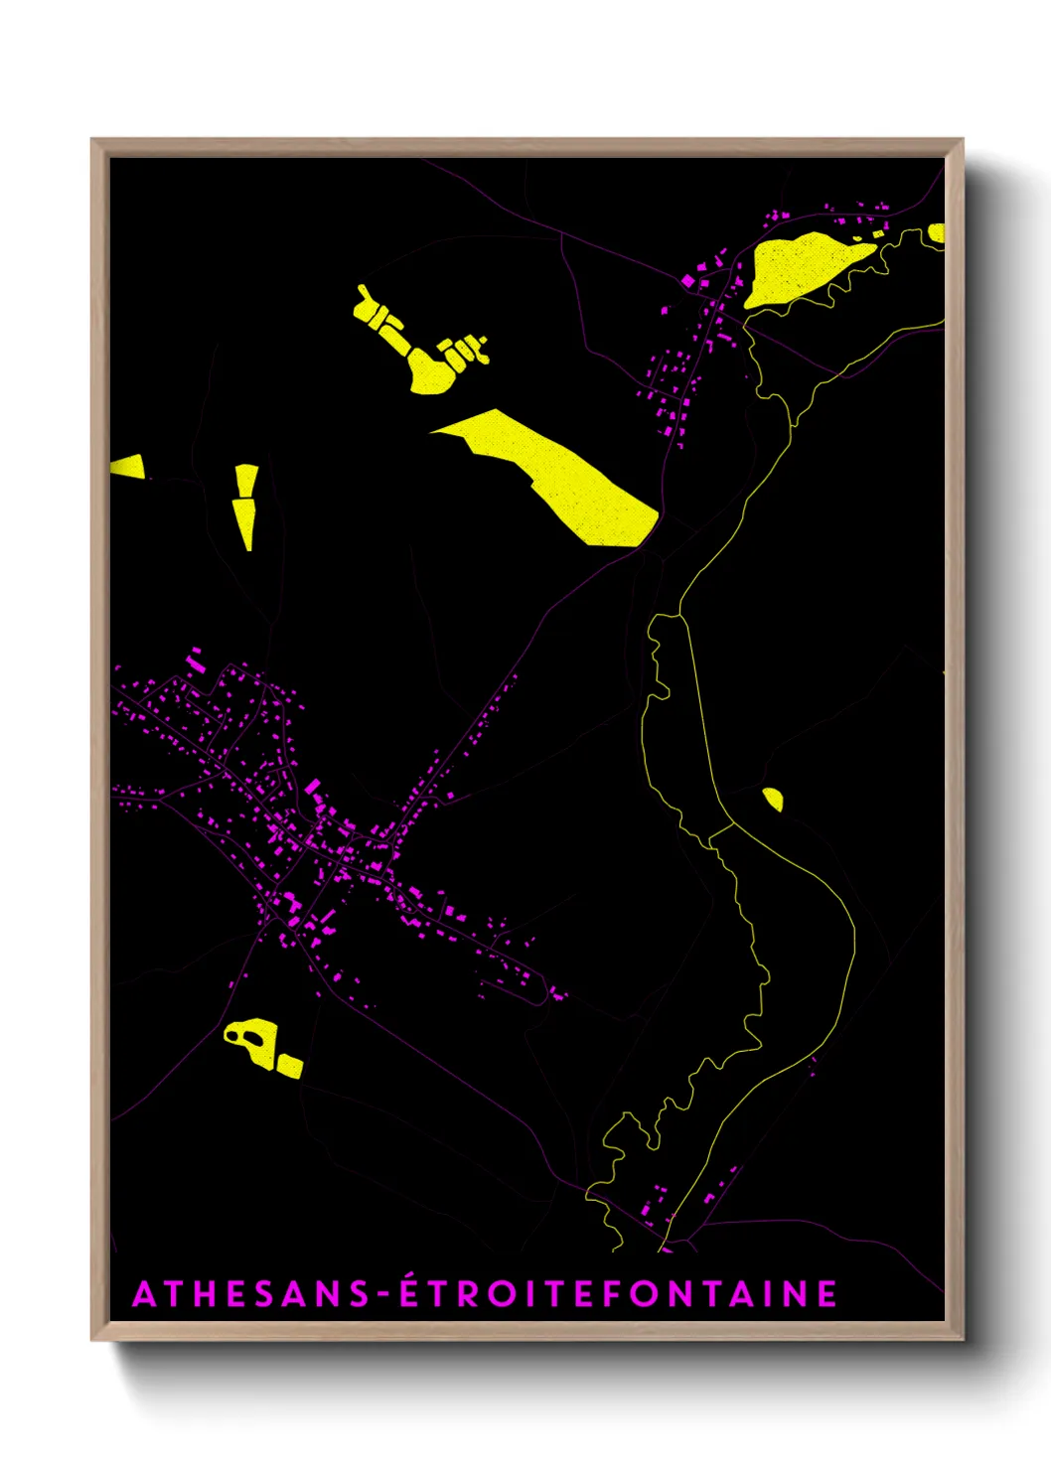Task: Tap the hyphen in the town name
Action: point(381,1295)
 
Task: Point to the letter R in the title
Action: point(472,1294)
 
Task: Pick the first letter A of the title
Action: point(145,1294)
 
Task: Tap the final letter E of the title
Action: point(826,1294)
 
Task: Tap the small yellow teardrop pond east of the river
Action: point(773,799)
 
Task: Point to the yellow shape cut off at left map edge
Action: point(127,466)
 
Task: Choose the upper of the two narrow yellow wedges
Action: point(246,481)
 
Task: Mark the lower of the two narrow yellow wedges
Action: point(244,522)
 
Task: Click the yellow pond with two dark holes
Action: point(251,1040)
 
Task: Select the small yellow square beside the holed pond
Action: point(289,1067)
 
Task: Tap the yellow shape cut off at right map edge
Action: point(936,234)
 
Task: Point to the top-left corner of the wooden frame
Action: point(93,140)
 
